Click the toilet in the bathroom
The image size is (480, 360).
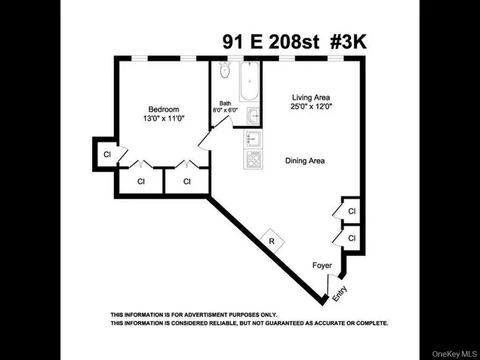(x=223, y=71)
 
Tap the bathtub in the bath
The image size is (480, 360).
(x=250, y=82)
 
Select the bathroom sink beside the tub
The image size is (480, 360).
(x=253, y=116)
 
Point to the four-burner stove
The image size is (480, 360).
(x=253, y=159)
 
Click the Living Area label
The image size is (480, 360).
(x=310, y=97)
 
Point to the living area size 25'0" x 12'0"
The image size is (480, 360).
(x=310, y=106)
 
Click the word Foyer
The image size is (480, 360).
(x=322, y=265)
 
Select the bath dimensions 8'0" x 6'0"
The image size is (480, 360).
(x=225, y=110)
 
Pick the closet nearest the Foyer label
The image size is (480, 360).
(x=351, y=238)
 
